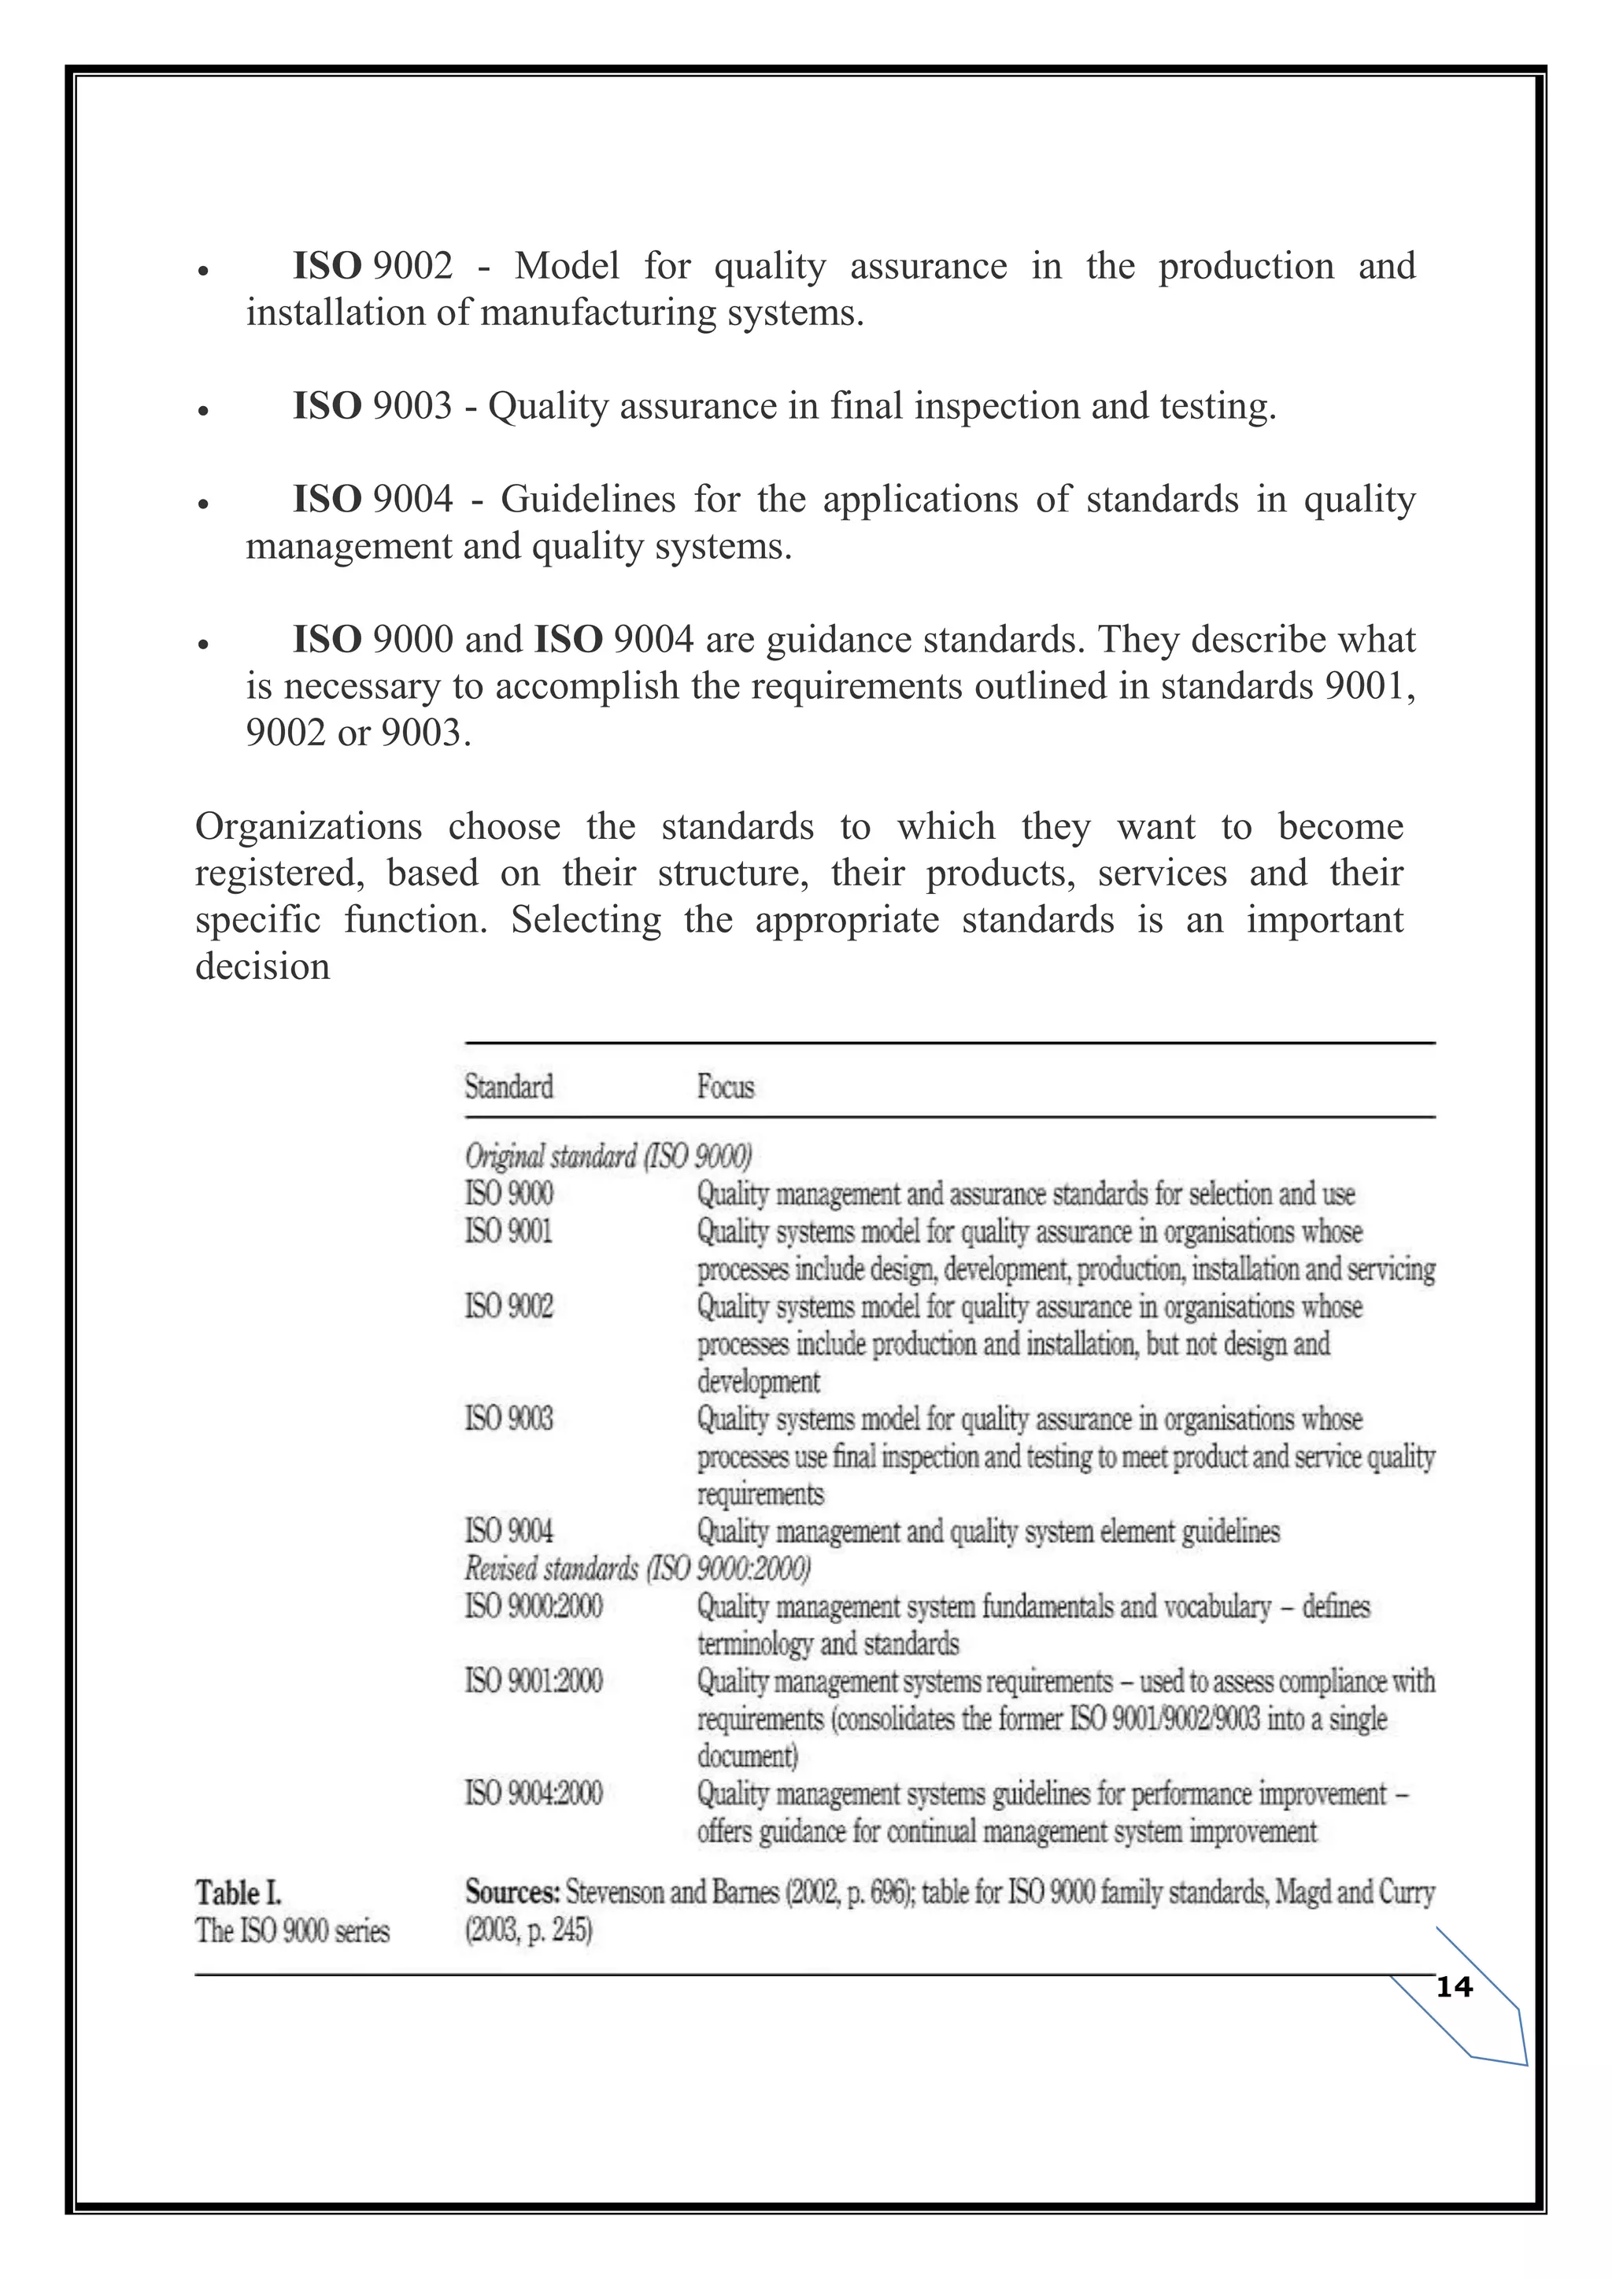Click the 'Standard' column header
[x=508, y=1087]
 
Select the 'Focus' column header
[x=725, y=1087]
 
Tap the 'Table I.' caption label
[x=238, y=1892]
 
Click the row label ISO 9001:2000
[x=533, y=1682]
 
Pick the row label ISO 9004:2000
[x=533, y=1793]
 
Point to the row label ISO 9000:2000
[x=533, y=1606]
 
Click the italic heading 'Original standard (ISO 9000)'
[x=608, y=1156]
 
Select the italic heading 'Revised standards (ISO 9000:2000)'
[x=638, y=1568]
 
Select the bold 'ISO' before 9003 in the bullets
[x=327, y=406]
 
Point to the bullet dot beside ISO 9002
[x=202, y=271]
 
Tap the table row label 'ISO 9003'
[x=508, y=1418]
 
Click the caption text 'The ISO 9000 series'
[x=292, y=1930]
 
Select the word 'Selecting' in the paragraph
[x=586, y=920]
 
